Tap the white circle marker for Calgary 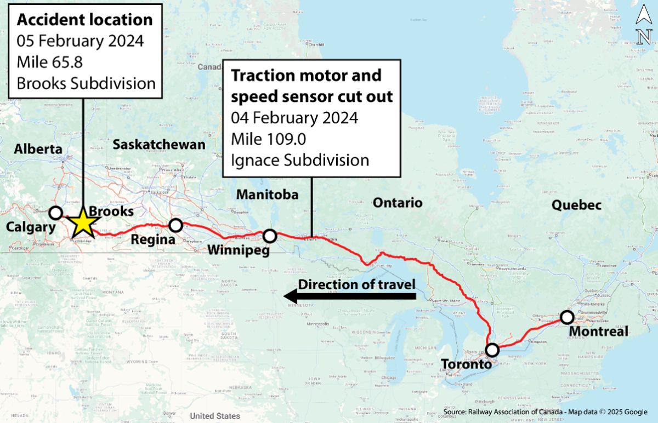click(x=56, y=213)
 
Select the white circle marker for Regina click(x=175, y=225)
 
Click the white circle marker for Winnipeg click(x=270, y=236)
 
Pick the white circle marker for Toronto click(x=492, y=350)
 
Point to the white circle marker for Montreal click(x=567, y=317)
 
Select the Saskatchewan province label click(x=158, y=145)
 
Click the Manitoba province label click(x=267, y=195)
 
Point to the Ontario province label click(x=398, y=203)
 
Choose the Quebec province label click(x=576, y=205)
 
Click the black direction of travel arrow click(x=351, y=297)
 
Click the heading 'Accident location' click(x=84, y=20)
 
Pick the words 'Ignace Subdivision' click(x=299, y=160)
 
